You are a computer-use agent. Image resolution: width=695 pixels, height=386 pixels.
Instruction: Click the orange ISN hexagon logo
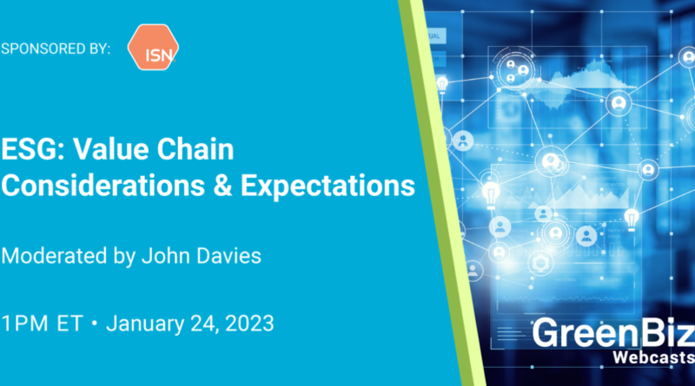coord(153,48)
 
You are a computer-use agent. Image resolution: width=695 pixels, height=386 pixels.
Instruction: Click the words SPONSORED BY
coord(56,49)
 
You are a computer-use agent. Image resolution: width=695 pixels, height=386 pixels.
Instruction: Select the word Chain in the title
coord(195,148)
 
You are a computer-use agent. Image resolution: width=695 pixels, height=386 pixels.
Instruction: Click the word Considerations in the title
coord(103,185)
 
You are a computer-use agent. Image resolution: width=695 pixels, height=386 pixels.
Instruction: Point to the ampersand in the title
coord(222,185)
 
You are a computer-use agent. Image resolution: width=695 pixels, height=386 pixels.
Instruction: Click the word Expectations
coord(328,186)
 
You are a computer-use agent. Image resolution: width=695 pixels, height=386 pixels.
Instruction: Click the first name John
coord(166,256)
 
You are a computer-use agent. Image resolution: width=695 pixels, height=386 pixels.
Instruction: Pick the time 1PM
coord(25,324)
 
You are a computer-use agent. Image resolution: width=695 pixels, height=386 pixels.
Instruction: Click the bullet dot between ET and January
coord(94,324)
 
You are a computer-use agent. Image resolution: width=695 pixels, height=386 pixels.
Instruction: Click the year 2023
coord(249,324)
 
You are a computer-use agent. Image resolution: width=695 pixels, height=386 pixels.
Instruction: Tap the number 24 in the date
coord(204,324)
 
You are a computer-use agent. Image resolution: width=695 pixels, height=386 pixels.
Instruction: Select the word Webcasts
coord(654,357)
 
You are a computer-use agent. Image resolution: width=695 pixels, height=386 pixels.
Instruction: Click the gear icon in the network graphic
coord(540,264)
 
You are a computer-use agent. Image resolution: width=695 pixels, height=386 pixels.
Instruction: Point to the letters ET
coord(70,324)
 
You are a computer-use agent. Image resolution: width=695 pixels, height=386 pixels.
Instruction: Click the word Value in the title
coord(111,148)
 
